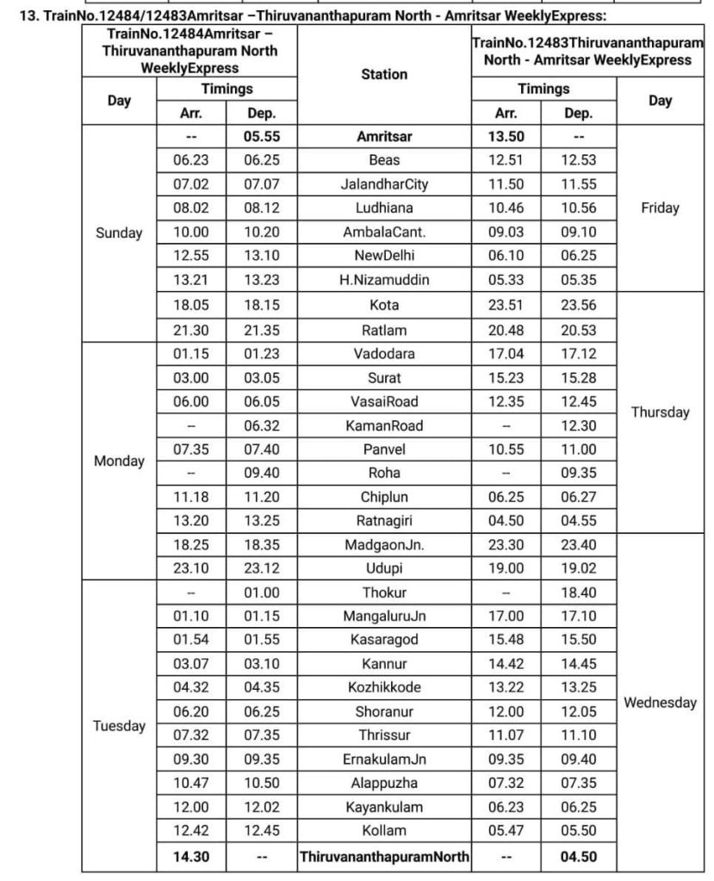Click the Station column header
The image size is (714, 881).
(x=384, y=74)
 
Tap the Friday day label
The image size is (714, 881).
(x=660, y=208)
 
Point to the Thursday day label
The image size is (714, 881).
(x=660, y=412)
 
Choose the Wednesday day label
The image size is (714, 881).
(x=660, y=703)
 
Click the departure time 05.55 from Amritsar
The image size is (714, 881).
(x=262, y=136)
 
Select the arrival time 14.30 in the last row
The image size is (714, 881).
(x=190, y=857)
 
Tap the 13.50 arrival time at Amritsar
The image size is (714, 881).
(x=506, y=136)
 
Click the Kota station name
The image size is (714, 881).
(x=384, y=305)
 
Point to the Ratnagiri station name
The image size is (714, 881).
(x=384, y=520)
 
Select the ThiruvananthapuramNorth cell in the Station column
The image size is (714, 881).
(x=384, y=857)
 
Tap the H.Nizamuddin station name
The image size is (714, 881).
(x=384, y=280)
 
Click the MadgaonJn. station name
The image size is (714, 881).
(x=384, y=545)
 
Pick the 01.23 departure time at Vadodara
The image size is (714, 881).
(x=262, y=353)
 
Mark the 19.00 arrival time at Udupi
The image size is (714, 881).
(x=506, y=568)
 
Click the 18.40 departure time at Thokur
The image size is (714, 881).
(x=578, y=593)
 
